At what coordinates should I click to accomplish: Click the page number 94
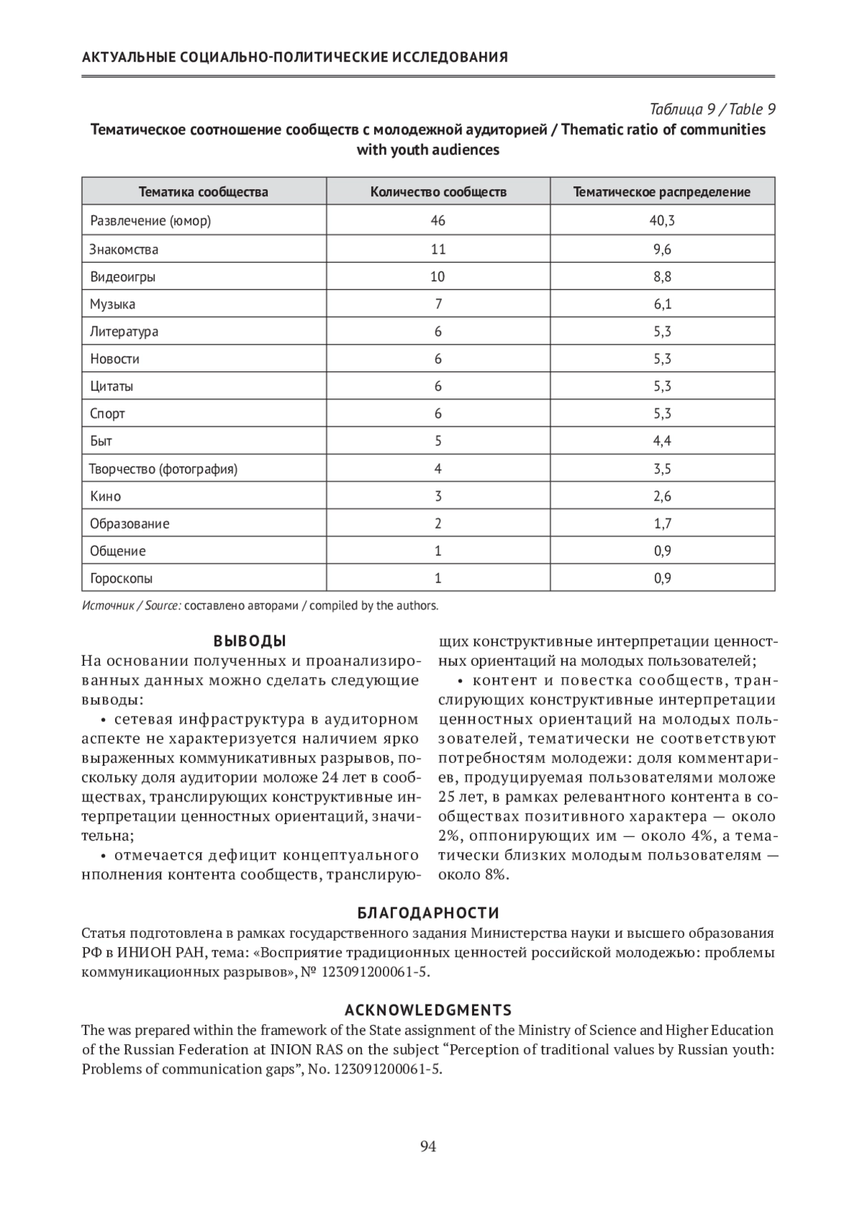(x=428, y=1146)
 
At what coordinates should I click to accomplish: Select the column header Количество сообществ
(x=438, y=191)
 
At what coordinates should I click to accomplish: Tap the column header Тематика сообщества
(x=204, y=191)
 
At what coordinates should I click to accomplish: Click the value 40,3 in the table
(x=662, y=221)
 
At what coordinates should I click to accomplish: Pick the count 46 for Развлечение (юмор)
(x=438, y=221)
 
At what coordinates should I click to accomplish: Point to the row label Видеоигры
(x=123, y=276)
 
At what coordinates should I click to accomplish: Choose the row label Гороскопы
(x=121, y=579)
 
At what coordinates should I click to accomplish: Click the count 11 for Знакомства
(x=438, y=249)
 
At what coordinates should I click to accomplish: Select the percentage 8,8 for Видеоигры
(x=662, y=276)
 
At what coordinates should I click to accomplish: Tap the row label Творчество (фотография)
(x=164, y=469)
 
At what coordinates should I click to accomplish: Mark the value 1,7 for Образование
(x=662, y=524)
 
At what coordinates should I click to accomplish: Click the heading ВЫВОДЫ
(x=250, y=641)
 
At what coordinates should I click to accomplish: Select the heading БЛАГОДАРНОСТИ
(x=428, y=913)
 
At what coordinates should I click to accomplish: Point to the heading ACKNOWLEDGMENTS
(x=428, y=1010)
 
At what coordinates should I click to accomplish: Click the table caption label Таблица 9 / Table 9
(x=712, y=109)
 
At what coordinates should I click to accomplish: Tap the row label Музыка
(x=113, y=304)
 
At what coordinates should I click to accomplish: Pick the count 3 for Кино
(x=438, y=496)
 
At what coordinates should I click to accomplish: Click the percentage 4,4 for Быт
(x=662, y=441)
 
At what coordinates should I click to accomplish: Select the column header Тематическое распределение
(x=662, y=191)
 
